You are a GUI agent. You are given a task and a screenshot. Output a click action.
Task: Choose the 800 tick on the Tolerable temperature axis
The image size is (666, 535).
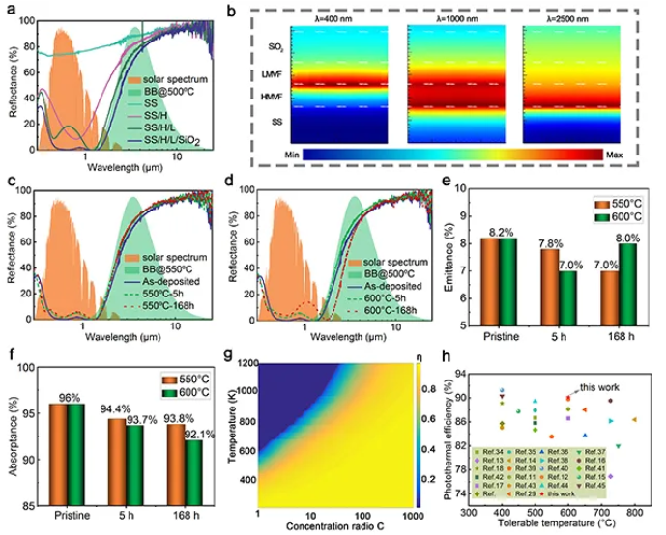click(x=633, y=512)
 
